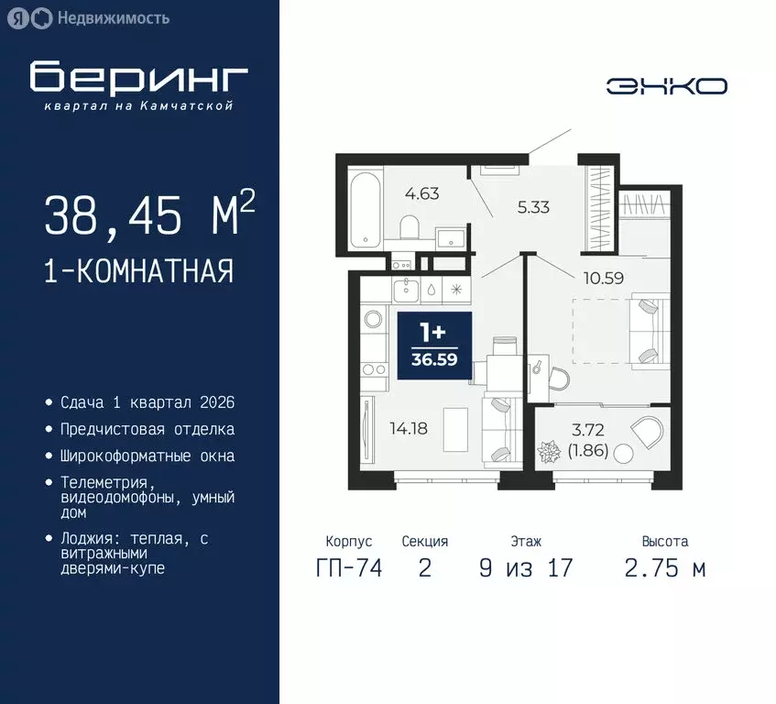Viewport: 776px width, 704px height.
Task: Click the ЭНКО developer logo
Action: point(666,86)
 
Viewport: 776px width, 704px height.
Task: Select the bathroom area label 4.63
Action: point(423,193)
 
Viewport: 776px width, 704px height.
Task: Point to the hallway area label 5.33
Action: point(533,207)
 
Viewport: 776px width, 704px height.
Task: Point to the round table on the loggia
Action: point(624,453)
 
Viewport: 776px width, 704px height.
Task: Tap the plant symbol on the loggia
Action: point(552,452)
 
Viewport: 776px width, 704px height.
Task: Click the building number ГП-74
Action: point(348,567)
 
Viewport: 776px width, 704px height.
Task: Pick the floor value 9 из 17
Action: point(526,567)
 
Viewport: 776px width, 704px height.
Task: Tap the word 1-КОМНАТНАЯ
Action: point(138,271)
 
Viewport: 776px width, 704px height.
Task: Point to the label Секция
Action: point(424,542)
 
